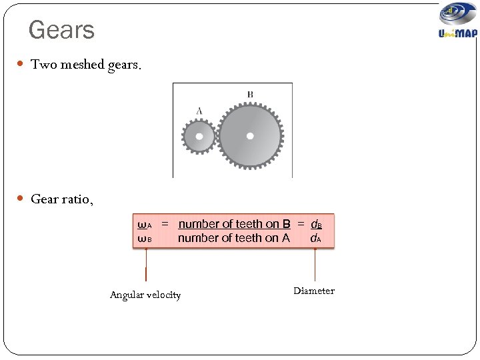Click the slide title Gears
click(x=62, y=30)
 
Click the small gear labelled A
click(x=199, y=137)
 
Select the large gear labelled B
click(x=250, y=135)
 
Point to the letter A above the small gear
click(x=199, y=111)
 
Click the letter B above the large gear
click(x=250, y=95)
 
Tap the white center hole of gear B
click(x=250, y=135)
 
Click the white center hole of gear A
click(x=199, y=137)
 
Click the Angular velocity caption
click(x=145, y=295)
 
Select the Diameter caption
click(x=314, y=291)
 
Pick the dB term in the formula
click(x=317, y=225)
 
